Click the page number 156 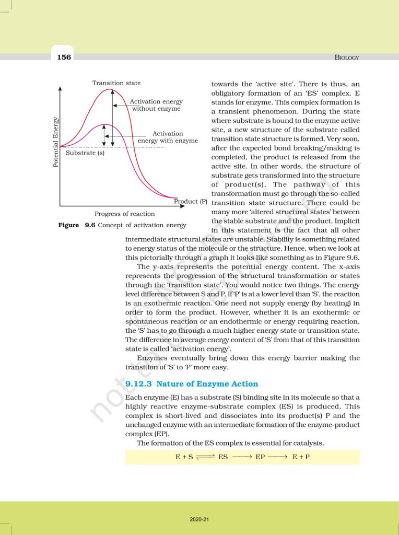[64, 57]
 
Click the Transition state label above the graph [116, 83]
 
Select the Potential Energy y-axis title [56, 143]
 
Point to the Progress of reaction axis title [124, 213]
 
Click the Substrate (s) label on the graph [85, 153]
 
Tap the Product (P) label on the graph [190, 201]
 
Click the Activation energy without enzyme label [156, 105]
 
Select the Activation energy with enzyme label [167, 137]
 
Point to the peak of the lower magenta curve [104, 124]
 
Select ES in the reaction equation [223, 457]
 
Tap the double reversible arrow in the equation [205, 457]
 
